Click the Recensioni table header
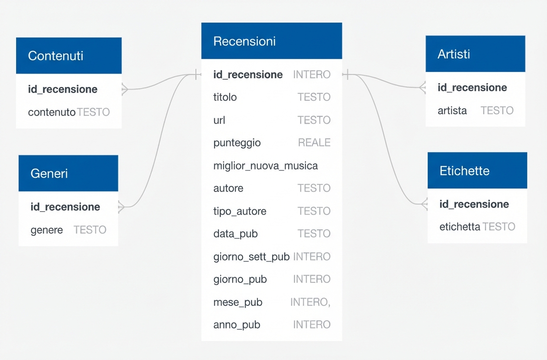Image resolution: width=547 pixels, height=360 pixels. click(x=245, y=42)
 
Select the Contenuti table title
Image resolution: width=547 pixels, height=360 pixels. click(x=56, y=56)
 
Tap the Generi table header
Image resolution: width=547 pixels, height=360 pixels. click(x=49, y=174)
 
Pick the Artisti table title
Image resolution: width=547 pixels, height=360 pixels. click(x=454, y=54)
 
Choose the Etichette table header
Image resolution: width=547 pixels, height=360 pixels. click(x=464, y=171)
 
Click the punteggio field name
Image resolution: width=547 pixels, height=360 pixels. click(x=237, y=143)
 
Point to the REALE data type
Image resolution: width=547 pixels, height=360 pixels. click(x=314, y=143)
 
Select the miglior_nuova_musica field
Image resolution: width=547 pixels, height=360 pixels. click(x=265, y=166)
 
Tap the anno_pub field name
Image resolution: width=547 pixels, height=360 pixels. click(x=237, y=325)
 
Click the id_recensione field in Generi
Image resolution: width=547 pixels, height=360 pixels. click(x=65, y=207)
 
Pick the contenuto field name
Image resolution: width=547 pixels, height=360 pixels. click(x=51, y=112)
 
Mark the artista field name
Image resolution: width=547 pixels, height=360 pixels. click(x=452, y=111)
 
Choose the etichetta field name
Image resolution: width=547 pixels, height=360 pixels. click(x=460, y=227)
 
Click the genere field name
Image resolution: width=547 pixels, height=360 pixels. click(x=47, y=230)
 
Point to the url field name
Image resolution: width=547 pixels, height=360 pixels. click(x=219, y=120)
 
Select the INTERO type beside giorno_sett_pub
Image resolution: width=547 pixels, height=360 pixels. click(x=312, y=257)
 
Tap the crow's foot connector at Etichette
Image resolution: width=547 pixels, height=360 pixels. click(x=424, y=203)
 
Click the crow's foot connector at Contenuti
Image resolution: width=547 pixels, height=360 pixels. click(x=125, y=89)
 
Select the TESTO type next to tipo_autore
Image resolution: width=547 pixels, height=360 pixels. click(x=314, y=211)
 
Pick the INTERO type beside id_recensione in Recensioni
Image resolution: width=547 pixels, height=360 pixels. click(x=312, y=75)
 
